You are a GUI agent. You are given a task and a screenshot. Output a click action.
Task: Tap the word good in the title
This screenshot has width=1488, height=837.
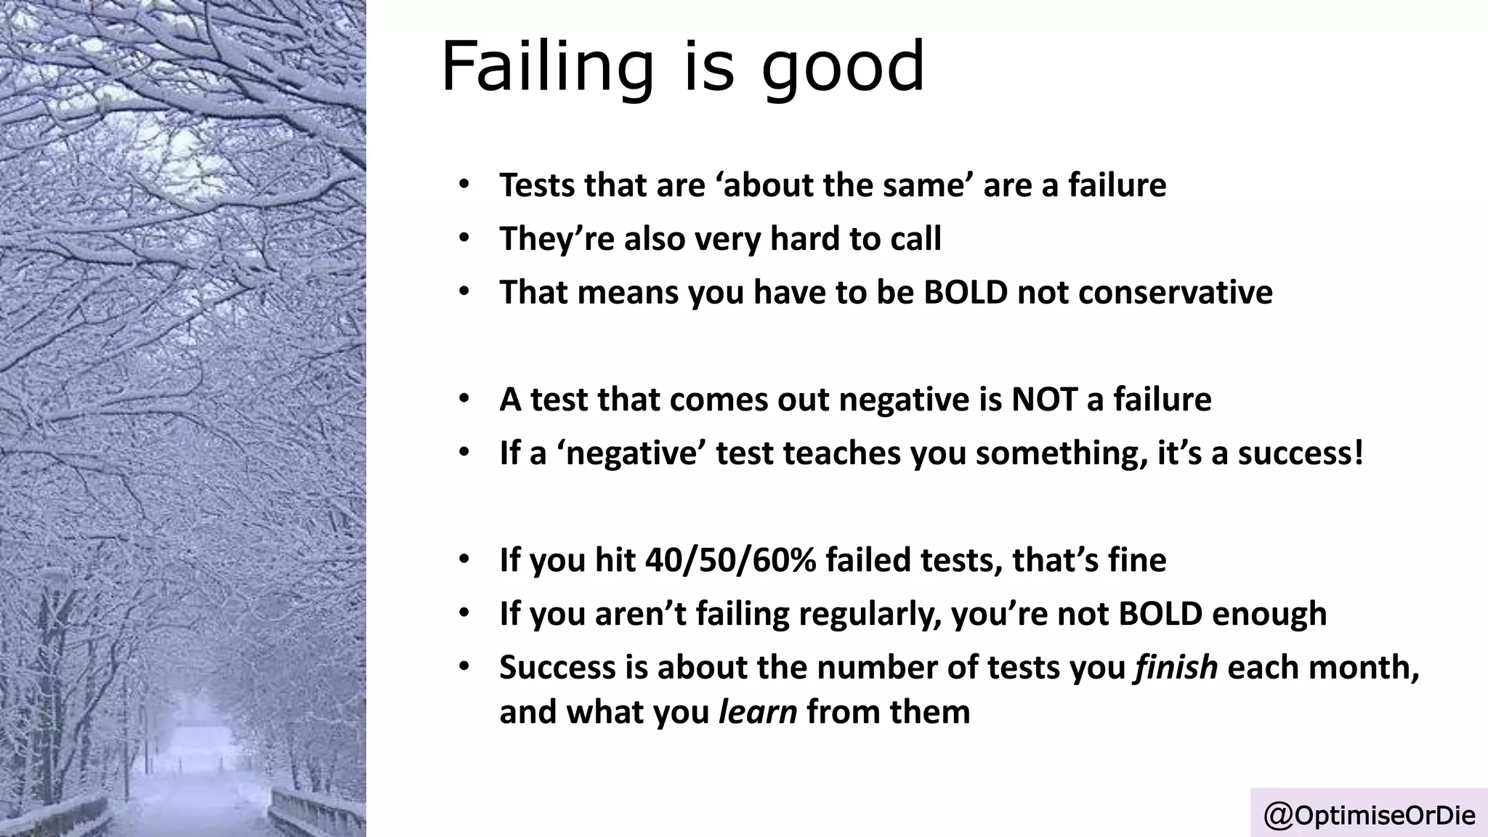[843, 69]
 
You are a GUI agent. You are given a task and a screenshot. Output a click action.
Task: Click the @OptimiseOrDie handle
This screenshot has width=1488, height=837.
[1370, 815]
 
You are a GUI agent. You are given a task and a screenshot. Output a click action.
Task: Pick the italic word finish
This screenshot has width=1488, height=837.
[1176, 667]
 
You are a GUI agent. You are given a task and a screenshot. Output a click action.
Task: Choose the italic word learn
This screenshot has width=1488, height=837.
[757, 711]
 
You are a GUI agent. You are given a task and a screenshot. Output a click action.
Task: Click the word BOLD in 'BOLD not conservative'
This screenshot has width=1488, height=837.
[966, 292]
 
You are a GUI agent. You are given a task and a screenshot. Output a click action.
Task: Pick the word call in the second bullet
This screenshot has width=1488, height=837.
[918, 238]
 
